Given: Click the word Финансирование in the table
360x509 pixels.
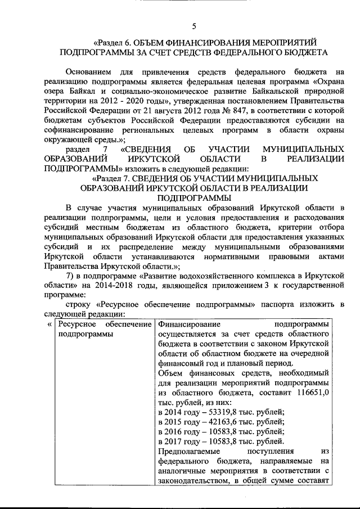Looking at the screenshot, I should pyautogui.click(x=190, y=325).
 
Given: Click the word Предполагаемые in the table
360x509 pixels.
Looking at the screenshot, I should pyautogui.click(x=191, y=452).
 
